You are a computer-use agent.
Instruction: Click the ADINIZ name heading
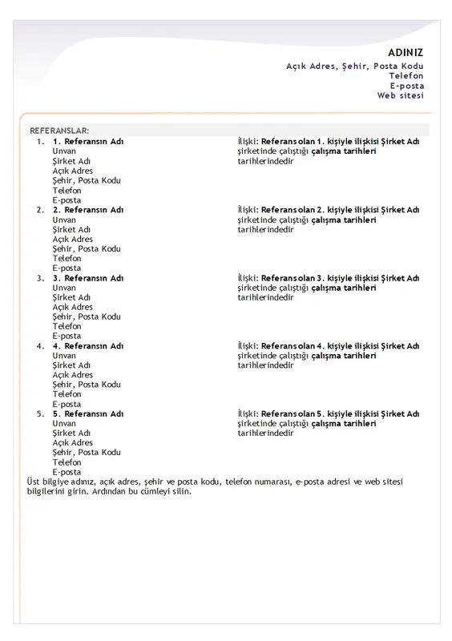[406, 53]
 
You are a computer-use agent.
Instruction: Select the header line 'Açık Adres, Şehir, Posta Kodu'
[355, 66]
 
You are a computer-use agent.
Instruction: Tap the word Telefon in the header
[406, 75]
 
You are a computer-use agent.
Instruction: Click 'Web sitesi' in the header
[401, 95]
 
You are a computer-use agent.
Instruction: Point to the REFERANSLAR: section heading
[59, 130]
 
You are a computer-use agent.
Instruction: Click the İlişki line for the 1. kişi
[329, 142]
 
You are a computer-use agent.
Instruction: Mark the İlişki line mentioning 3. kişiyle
[329, 278]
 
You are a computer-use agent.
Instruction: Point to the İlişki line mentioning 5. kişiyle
[329, 414]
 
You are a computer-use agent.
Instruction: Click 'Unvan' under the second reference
[64, 220]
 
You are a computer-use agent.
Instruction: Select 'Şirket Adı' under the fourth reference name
[71, 365]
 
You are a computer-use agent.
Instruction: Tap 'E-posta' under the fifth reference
[67, 473]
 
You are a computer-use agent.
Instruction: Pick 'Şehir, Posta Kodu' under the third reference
[87, 316]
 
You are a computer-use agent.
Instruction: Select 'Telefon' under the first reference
[67, 191]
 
